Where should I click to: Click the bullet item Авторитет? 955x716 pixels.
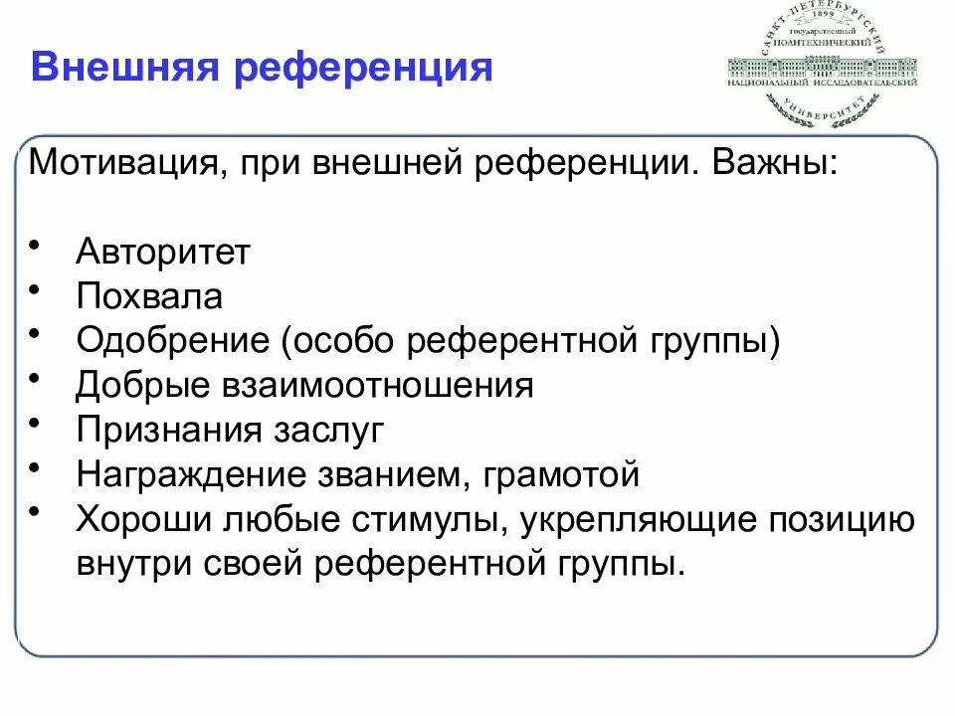click(x=162, y=252)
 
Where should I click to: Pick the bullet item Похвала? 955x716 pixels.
click(x=149, y=296)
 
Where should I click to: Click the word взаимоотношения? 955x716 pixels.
click(x=370, y=386)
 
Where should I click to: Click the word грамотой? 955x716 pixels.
click(x=562, y=475)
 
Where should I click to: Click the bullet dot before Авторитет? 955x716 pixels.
click(x=37, y=245)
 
